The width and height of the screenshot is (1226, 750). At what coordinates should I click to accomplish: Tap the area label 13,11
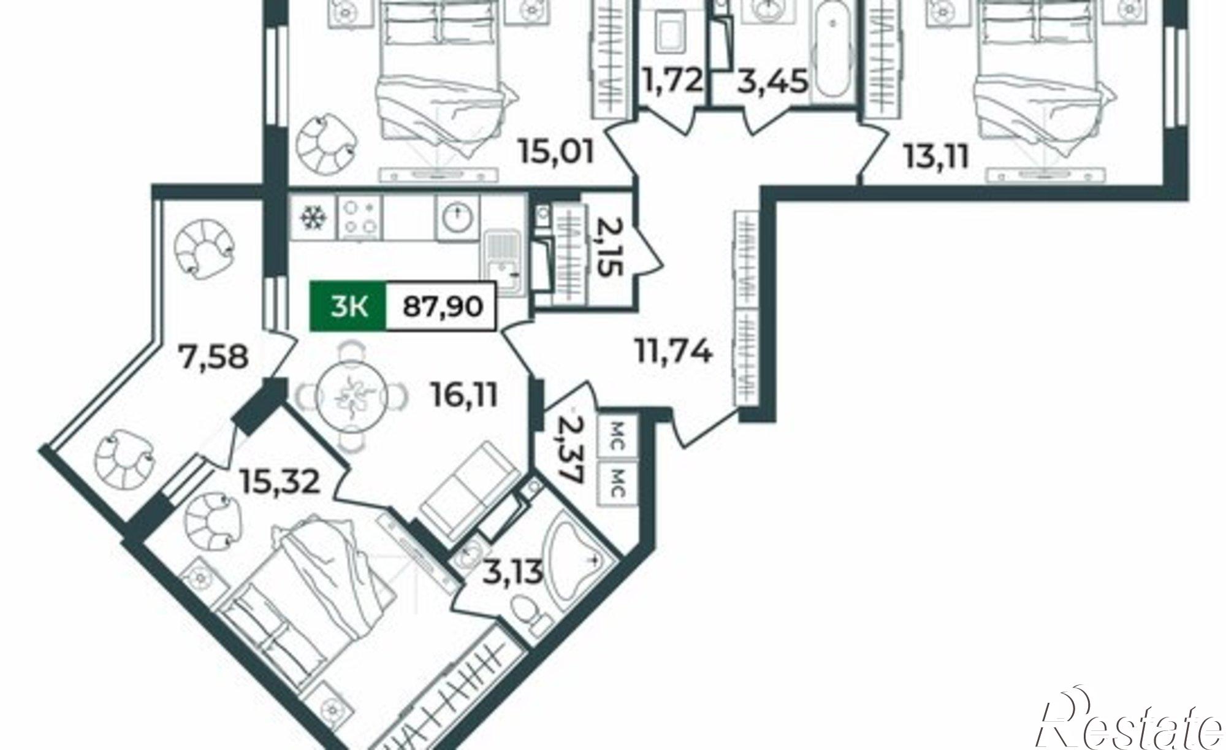936,157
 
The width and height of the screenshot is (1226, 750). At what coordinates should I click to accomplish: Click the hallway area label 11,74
672,353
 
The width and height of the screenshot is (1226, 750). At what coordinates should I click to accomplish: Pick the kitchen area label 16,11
462,396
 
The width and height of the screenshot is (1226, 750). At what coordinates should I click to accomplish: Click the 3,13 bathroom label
511,573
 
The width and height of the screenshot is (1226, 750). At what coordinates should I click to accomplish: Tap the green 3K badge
348,306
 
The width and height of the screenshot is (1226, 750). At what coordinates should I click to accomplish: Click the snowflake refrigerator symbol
313,218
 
